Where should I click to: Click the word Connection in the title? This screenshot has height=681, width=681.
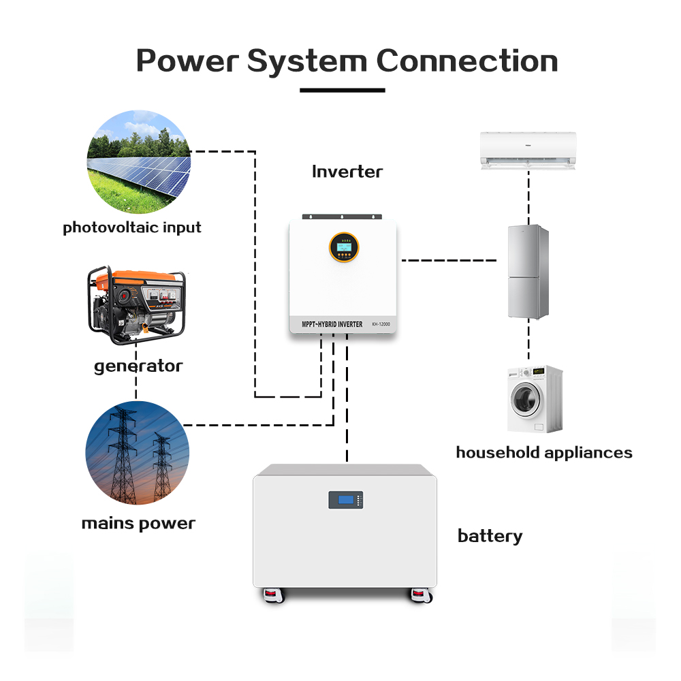pos(467,61)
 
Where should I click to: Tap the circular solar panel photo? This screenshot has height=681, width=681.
pos(138,163)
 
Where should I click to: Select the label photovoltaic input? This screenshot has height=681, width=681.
pos(132,227)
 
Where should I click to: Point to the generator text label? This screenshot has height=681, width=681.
pos(138,366)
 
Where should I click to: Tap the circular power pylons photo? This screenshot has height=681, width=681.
pos(137,453)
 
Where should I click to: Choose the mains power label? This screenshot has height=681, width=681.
pos(138,524)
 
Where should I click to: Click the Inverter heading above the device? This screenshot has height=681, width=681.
pos(347,172)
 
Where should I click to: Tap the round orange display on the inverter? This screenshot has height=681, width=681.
pos(343,247)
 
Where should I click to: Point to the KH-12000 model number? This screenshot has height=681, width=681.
pos(382,325)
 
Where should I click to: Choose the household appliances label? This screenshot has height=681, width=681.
pos(544,453)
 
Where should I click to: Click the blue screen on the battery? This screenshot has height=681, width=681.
pos(345,500)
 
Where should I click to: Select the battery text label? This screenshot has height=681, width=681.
pos(490,536)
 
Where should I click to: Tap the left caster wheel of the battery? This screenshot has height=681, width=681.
pos(273,595)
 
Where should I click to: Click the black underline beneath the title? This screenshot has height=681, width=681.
pos(343,90)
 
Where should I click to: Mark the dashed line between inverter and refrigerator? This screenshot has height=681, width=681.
pos(450,260)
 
